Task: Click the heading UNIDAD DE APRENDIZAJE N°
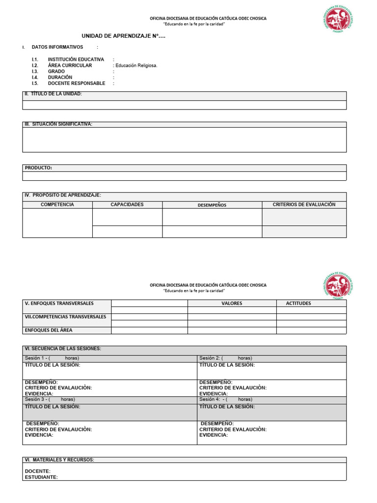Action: point(123,36)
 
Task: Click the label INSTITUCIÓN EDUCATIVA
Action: point(76,59)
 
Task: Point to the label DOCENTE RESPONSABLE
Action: point(77,83)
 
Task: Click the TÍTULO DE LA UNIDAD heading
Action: point(54,94)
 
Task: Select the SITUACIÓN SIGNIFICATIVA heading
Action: point(58,124)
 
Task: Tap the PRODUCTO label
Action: point(38,168)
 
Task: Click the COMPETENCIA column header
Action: point(57,204)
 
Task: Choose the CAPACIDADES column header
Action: point(127,204)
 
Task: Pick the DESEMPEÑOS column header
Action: point(212,205)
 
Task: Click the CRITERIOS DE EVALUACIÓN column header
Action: point(304,204)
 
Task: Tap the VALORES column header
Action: point(232,304)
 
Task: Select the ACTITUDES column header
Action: point(298,304)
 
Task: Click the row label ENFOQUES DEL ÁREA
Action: point(49,330)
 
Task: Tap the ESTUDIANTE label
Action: point(41,477)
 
